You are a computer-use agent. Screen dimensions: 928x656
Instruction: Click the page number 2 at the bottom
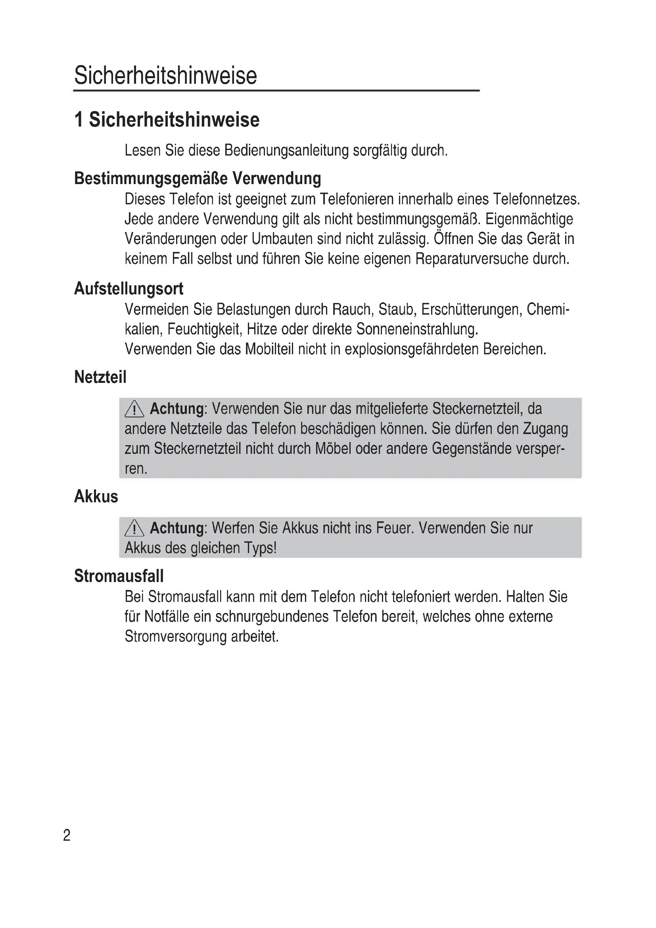67,835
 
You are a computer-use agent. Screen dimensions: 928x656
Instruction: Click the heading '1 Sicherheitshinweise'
167,120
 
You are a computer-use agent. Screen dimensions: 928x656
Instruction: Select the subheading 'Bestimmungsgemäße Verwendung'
198,178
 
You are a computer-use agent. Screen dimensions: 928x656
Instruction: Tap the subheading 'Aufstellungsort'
129,288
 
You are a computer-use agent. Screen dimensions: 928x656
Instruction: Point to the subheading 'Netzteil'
100,377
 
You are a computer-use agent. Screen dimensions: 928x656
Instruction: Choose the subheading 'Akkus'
96,496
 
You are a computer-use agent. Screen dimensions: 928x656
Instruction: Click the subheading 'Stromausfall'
119,576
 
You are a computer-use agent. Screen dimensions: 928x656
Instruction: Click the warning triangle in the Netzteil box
134,409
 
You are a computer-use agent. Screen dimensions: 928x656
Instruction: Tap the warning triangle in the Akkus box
134,528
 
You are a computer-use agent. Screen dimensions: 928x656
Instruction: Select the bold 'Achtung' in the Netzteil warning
177,409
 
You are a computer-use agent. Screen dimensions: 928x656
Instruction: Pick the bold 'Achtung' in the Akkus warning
177,528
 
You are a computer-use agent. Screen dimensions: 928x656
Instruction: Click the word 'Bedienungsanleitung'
286,150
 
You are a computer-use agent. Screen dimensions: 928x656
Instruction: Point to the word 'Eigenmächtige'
529,219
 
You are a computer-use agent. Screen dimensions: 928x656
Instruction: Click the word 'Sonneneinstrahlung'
417,329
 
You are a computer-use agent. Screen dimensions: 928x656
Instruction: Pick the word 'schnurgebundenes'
272,617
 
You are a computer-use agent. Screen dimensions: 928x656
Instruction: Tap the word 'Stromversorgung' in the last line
176,636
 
